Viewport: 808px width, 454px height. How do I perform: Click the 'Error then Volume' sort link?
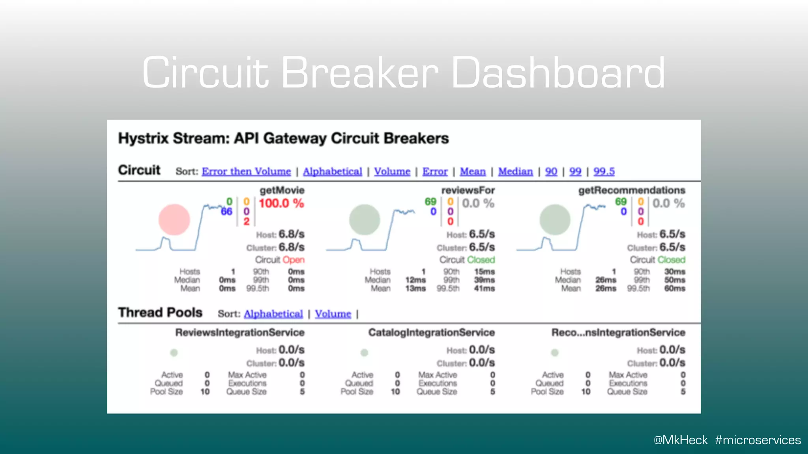point(246,171)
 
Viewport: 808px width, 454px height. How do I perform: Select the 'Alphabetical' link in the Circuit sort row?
point(332,171)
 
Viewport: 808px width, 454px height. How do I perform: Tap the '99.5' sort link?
point(604,171)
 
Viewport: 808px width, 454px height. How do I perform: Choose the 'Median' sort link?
point(515,171)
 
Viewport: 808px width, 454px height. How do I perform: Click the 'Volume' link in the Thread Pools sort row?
point(333,314)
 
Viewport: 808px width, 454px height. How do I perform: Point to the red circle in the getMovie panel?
point(174,220)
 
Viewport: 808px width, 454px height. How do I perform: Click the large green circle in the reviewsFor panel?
point(365,220)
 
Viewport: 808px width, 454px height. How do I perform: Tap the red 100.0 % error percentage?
point(281,203)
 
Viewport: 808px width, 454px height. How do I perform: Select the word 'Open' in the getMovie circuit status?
point(294,260)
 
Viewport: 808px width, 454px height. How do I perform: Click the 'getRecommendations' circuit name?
point(632,190)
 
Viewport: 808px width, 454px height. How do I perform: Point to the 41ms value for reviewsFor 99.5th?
point(484,288)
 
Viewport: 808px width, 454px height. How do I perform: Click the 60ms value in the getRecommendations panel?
point(675,288)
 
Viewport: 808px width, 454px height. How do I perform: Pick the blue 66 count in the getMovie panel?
point(226,212)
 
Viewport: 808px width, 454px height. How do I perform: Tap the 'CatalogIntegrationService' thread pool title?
point(431,333)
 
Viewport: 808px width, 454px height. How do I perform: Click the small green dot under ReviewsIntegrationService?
point(174,353)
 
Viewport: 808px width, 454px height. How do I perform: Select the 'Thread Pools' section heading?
point(160,313)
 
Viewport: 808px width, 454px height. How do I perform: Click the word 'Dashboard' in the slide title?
point(558,73)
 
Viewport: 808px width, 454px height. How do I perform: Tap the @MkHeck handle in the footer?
point(681,440)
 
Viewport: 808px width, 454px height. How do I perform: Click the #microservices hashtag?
point(758,440)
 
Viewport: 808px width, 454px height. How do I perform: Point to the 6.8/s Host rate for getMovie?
point(292,234)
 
